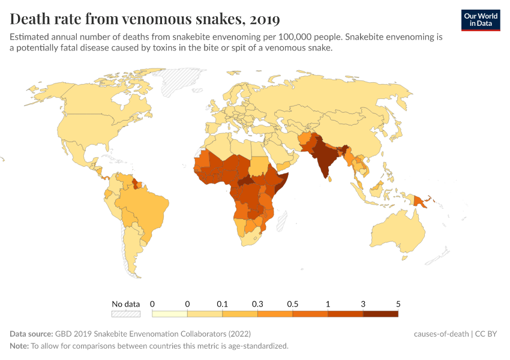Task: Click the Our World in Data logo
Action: [481, 19]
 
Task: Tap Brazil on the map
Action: [150, 207]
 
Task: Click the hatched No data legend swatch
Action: [125, 313]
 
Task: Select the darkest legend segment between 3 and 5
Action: [380, 313]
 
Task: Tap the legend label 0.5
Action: [292, 304]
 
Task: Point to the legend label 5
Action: [398, 304]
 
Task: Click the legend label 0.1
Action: [223, 304]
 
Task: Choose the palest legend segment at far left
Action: [170, 313]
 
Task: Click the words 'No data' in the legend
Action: [125, 304]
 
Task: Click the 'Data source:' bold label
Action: [31, 334]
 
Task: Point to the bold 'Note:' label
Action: [20, 346]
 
